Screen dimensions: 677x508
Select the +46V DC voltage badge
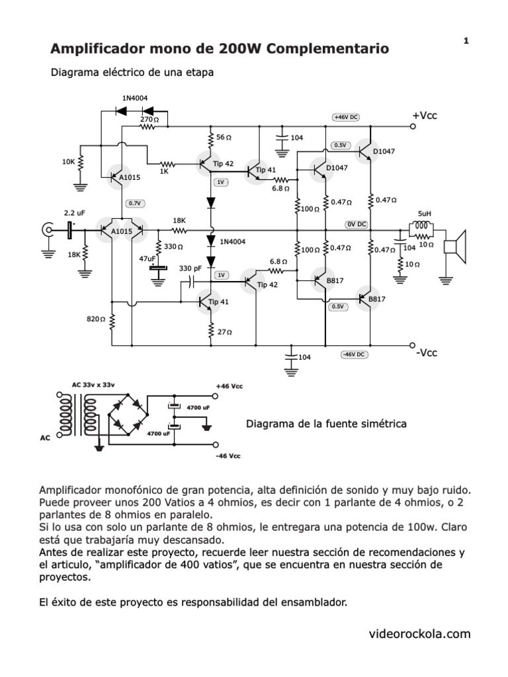coord(346,117)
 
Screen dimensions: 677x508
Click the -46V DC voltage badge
coord(354,354)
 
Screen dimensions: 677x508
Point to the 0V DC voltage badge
coord(356,224)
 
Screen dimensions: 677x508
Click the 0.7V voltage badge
coord(134,203)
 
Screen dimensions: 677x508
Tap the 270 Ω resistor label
coord(149,119)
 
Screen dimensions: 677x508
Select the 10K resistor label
coord(68,161)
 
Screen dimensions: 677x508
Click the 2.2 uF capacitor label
coord(73,213)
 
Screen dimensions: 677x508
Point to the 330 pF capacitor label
coord(190,268)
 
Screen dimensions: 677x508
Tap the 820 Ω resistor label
coord(97,319)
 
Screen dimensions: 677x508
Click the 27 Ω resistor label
coord(226,332)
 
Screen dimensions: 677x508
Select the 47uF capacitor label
coord(147,259)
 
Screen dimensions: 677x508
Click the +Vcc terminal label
coord(425,116)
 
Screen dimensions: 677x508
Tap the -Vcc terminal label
coord(427,353)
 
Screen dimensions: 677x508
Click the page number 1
coord(466,41)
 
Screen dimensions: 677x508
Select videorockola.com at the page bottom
coord(420,634)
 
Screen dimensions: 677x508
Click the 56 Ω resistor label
coord(224,137)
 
